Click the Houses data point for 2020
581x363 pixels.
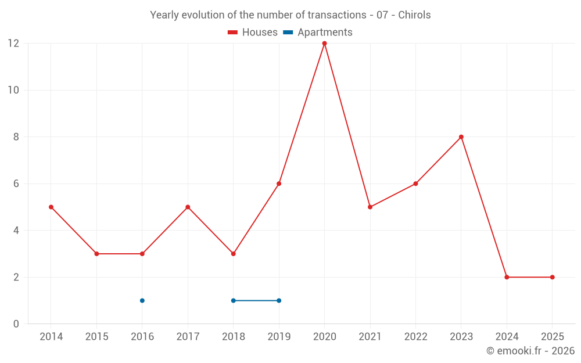[x=324, y=44]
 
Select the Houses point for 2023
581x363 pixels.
[x=461, y=137]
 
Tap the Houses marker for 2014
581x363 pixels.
[x=51, y=207]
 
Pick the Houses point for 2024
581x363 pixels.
[x=507, y=277]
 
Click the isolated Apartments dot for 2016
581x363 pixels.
[x=142, y=300]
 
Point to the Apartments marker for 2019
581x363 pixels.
[x=279, y=300]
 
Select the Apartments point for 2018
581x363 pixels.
[x=234, y=300]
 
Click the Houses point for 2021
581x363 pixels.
[x=370, y=207]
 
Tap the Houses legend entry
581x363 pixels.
[x=253, y=33]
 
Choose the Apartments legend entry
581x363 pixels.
[x=318, y=33]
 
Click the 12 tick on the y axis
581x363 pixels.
[x=13, y=44]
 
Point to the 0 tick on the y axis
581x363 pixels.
[x=16, y=324]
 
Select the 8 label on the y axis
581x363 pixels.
[x=16, y=137]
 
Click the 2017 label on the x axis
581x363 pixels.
[x=188, y=337]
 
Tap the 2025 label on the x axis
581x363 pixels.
[x=552, y=337]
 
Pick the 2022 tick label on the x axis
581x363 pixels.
[x=415, y=337]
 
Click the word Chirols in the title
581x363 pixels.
[x=414, y=15]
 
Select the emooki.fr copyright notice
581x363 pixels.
[x=530, y=351]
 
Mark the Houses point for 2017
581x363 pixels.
[x=188, y=207]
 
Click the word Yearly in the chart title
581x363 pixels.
[x=164, y=15]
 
